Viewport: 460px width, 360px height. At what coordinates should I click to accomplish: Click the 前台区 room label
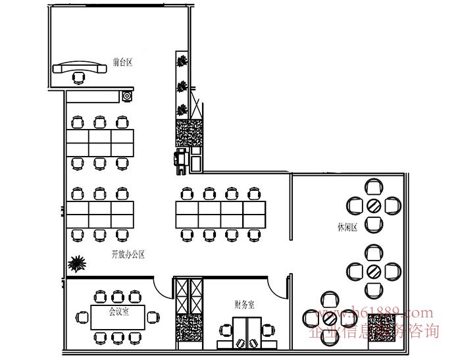click(123, 63)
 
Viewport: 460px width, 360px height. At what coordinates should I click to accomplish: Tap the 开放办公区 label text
click(128, 254)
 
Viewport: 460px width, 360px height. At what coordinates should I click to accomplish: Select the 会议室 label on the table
click(118, 311)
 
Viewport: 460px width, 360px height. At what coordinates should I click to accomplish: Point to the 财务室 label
click(244, 304)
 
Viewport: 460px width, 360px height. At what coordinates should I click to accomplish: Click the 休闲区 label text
click(347, 228)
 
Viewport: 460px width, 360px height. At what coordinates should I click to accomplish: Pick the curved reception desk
click(80, 68)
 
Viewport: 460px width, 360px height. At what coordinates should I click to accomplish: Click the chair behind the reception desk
click(80, 79)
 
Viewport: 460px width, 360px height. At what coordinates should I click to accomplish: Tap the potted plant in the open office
click(78, 264)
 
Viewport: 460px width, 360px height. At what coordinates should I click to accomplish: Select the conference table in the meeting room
click(118, 317)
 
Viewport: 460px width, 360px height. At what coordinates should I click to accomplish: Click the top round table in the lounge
click(373, 205)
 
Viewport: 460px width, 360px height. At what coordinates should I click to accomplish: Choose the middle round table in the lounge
click(373, 270)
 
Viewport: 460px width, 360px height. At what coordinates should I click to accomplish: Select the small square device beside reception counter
click(127, 97)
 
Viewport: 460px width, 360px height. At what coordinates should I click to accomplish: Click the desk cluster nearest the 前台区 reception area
click(99, 141)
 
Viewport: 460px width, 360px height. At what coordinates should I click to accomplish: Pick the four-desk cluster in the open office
click(220, 213)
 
